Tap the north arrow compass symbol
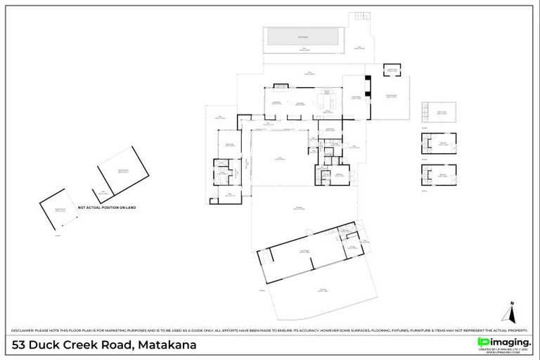tap(513, 310)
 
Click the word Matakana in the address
tap(167, 345)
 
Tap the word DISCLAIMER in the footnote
tap(25, 330)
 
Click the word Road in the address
tap(114, 345)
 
